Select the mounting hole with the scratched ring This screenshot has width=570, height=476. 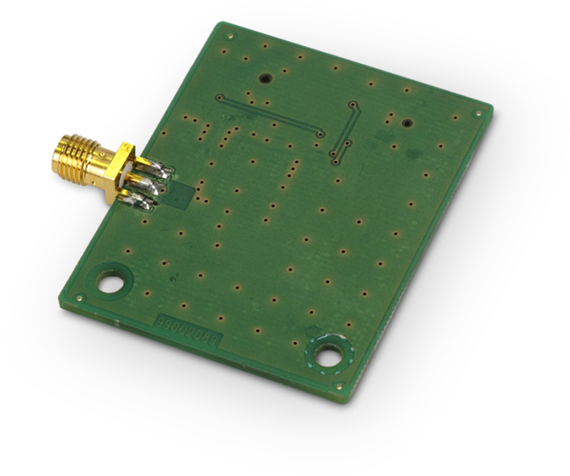point(328,354)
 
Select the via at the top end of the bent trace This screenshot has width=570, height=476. point(351,105)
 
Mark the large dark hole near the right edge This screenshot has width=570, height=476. point(406,123)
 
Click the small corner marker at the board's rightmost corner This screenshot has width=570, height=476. point(477,112)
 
